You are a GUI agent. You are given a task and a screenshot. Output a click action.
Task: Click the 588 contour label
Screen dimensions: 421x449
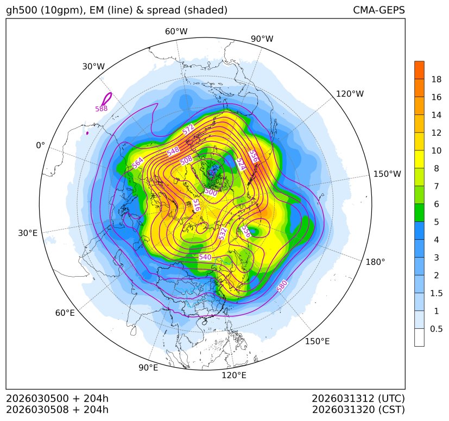point(102,109)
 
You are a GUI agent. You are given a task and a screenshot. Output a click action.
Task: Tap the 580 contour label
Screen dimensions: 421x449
point(282,286)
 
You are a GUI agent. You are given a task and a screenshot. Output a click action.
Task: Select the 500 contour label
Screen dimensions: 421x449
point(211,192)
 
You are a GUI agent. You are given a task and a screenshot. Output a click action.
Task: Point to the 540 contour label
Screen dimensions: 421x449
point(205,257)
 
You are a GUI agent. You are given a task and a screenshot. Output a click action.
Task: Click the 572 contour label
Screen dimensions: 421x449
point(188,129)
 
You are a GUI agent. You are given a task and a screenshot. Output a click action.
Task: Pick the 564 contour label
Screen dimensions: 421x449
point(137,163)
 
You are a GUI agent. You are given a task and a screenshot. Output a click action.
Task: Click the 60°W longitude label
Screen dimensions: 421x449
point(176,31)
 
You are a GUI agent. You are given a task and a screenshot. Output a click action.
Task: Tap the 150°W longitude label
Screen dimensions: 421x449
point(387,174)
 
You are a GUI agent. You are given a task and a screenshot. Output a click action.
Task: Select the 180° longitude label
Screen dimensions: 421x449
point(375,261)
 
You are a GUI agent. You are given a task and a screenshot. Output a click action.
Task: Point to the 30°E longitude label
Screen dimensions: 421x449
point(28,233)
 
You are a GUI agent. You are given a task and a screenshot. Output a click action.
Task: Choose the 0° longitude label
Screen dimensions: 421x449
point(41,145)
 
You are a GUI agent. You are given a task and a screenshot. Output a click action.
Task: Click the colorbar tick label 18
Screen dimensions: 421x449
point(436,79)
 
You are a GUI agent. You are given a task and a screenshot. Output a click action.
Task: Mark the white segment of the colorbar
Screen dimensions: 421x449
point(419,337)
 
